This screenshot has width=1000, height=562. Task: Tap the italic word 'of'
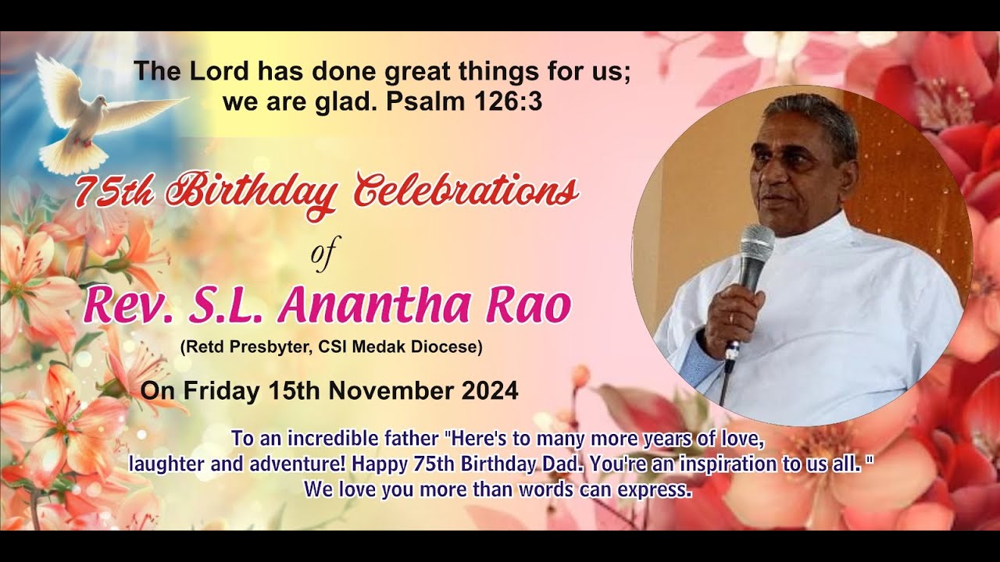pos(321,257)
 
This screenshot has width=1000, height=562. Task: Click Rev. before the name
pos(132,305)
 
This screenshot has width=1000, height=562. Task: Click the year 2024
pos(489,390)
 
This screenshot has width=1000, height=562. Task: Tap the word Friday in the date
pos(216,390)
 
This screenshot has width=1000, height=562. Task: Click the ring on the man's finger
pos(730,318)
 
